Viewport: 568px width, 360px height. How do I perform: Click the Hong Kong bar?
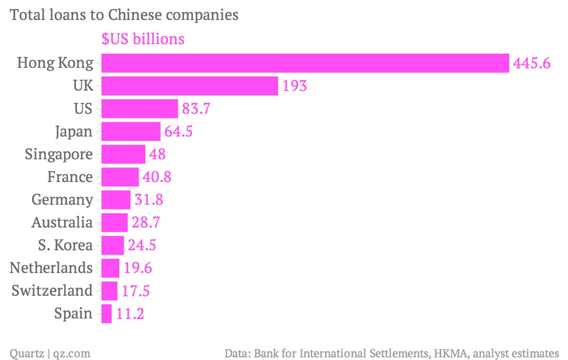pos(305,63)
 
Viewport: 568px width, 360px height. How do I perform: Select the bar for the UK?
pos(189,86)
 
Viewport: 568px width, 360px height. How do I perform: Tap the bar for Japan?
pos(131,131)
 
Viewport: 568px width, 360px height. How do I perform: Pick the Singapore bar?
pos(123,154)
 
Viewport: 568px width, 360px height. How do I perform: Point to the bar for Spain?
pos(106,313)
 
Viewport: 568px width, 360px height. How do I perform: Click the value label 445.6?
pos(532,63)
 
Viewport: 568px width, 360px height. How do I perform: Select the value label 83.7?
pos(197,109)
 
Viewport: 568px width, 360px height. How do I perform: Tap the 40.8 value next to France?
pos(158,177)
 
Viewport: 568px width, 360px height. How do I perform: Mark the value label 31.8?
pos(149,200)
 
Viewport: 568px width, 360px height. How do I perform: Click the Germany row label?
pos(62,200)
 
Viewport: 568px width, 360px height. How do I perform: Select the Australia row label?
pos(62,223)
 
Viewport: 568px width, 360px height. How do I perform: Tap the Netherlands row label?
pos(51,268)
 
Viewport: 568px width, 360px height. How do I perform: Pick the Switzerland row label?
pos(53,290)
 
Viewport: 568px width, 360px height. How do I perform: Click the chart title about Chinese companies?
pos(124,15)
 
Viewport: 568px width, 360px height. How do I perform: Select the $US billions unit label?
pos(143,39)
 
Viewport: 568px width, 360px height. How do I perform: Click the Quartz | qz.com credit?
pos(50,353)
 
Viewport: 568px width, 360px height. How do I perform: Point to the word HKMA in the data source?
pos(449,353)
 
